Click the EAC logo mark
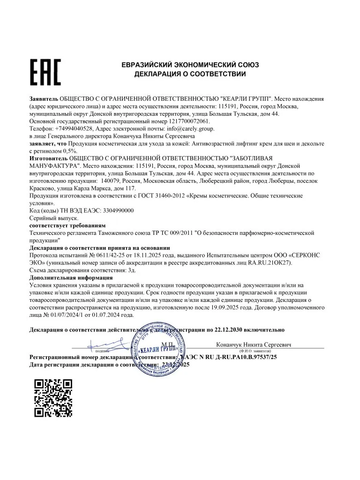[x=45, y=72]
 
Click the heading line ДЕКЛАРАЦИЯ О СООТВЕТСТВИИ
[x=190, y=74]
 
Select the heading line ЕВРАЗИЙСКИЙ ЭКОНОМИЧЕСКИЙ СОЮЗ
[x=190, y=65]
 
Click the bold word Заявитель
[x=44, y=99]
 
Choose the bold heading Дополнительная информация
[x=72, y=277]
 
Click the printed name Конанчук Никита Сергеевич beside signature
[x=254, y=345]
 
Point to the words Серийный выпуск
[x=54, y=218]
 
